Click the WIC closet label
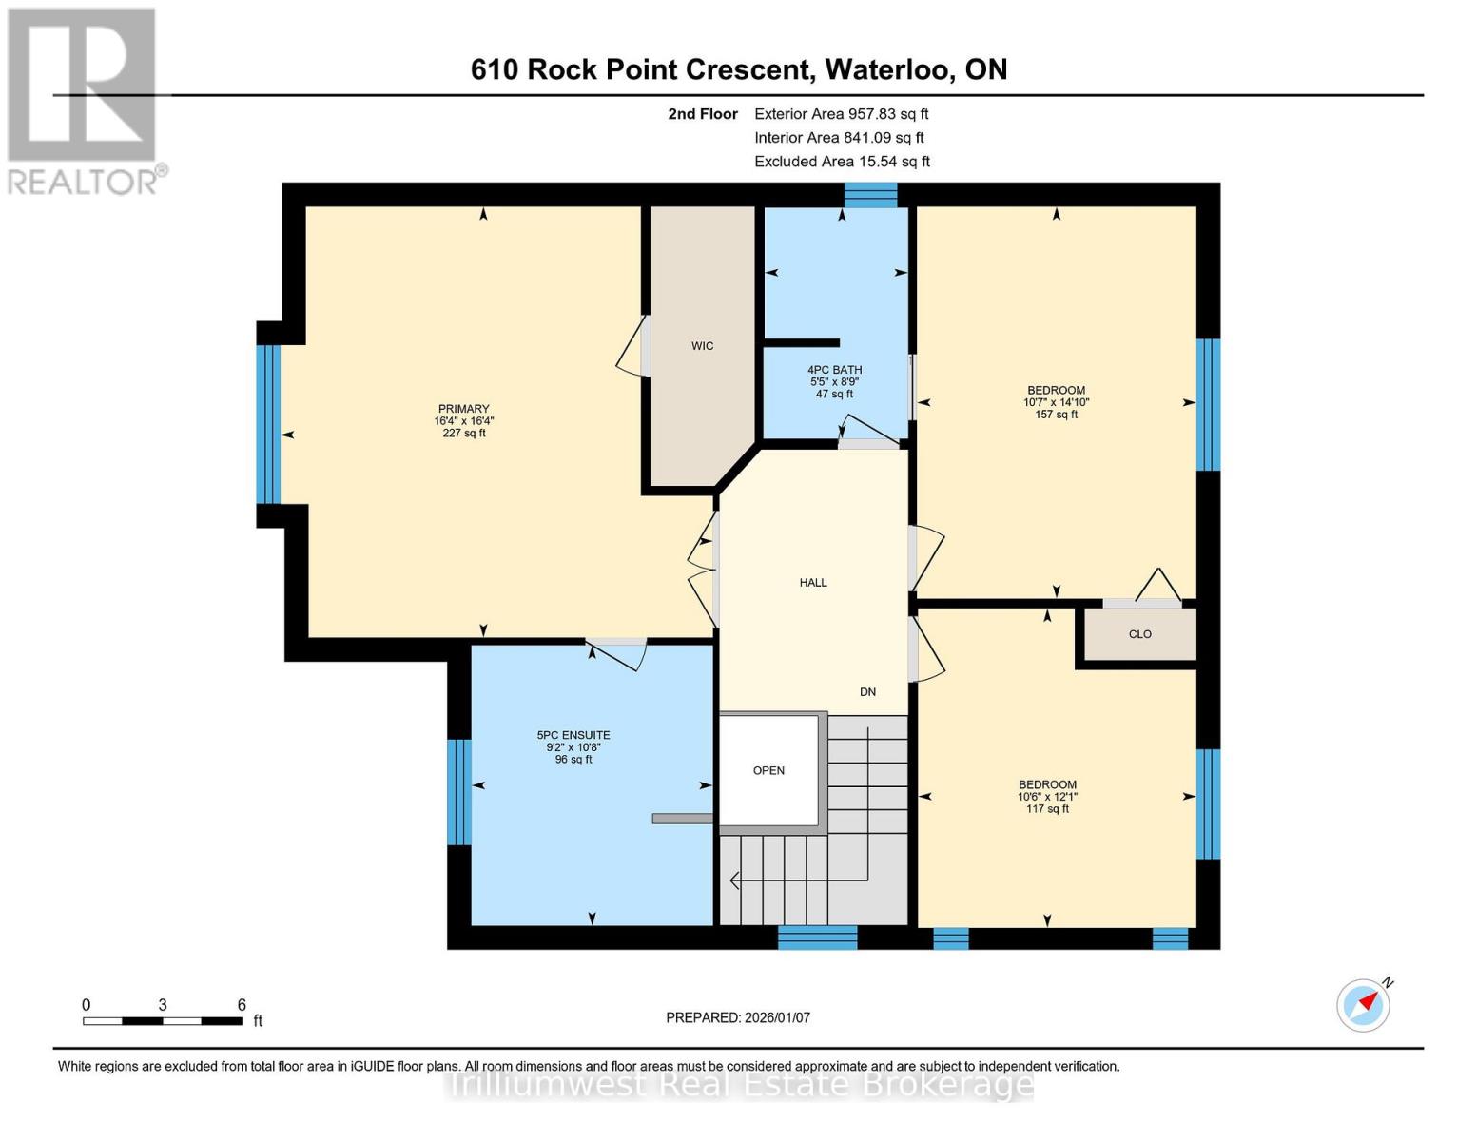point(702,346)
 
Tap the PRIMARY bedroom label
point(464,409)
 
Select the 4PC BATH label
point(834,370)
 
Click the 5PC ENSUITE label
point(573,735)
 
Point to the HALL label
point(813,583)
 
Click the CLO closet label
point(1139,634)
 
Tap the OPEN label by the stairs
point(768,771)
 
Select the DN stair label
point(867,692)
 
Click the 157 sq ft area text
point(1056,415)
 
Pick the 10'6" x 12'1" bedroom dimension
point(1047,797)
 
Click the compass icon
point(1363,1005)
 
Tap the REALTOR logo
point(84,100)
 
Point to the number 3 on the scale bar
point(163,1005)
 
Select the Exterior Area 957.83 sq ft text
point(841,113)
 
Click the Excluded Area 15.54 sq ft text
point(842,162)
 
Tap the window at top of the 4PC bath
point(870,194)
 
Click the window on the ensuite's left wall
point(458,791)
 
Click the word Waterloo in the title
point(888,69)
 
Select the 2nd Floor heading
point(703,113)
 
